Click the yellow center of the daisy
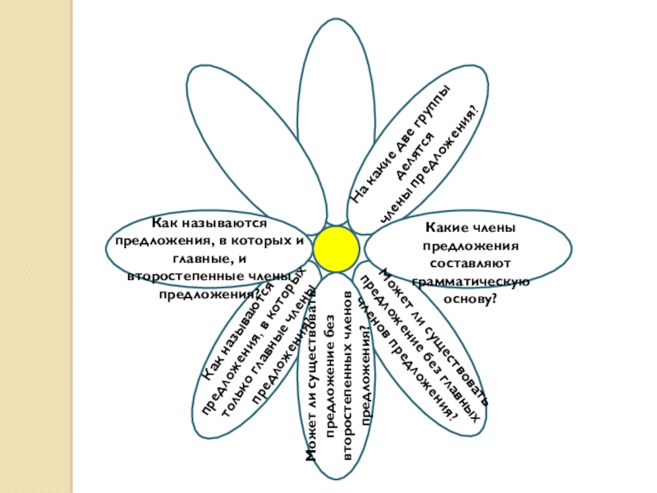point(336,248)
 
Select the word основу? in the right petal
point(470,297)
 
